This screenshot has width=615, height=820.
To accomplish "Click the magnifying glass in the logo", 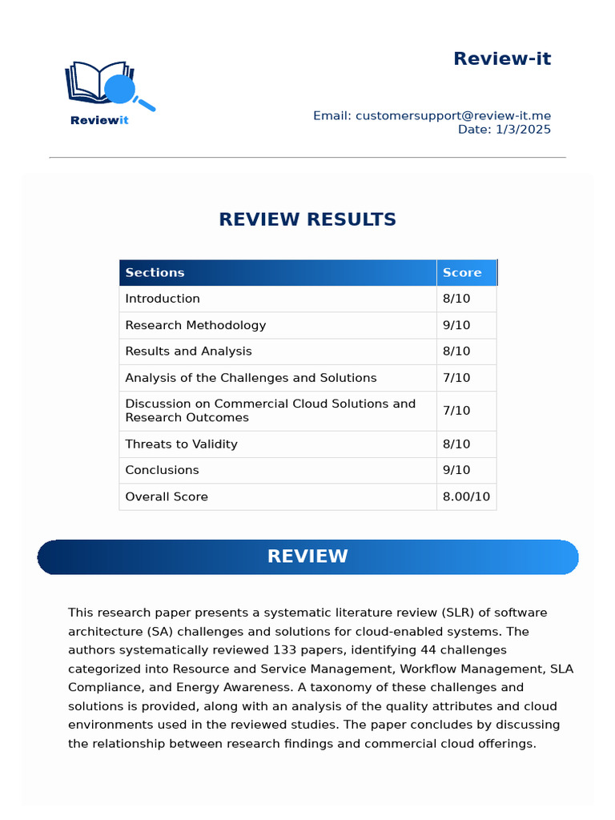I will (123, 89).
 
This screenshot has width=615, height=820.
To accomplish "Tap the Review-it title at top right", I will (501, 58).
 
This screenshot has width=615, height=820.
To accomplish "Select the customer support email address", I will (453, 116).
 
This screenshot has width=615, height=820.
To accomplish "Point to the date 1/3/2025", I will (524, 130).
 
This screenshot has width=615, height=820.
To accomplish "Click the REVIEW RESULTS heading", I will (307, 219).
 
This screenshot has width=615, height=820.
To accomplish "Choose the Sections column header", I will (155, 272).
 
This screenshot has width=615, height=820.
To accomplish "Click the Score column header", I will (462, 272).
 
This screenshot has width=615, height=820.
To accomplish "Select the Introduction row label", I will (163, 299).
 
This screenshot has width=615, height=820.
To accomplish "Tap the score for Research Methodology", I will (456, 325).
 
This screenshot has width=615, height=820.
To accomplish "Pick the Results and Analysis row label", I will (188, 352).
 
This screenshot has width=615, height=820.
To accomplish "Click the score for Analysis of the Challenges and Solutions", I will (456, 378).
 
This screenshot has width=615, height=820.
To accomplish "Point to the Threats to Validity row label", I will (181, 444).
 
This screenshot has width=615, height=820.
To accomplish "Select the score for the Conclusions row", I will (456, 470).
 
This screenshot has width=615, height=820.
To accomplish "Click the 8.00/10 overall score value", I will (466, 496).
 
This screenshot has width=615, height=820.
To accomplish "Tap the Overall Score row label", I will (167, 496).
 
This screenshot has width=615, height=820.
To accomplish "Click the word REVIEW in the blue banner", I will (307, 557).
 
